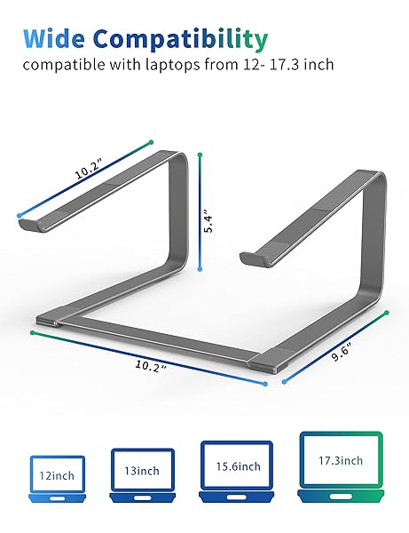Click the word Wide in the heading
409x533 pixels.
pos(53,38)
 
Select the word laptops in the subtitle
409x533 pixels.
pos(173,65)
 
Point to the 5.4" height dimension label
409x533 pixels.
pos(208,223)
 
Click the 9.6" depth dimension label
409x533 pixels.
pos(341,352)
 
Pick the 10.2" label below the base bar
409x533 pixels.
pos(151,366)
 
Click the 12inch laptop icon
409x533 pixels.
pos(57,479)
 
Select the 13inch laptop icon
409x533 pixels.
pos(142,475)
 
